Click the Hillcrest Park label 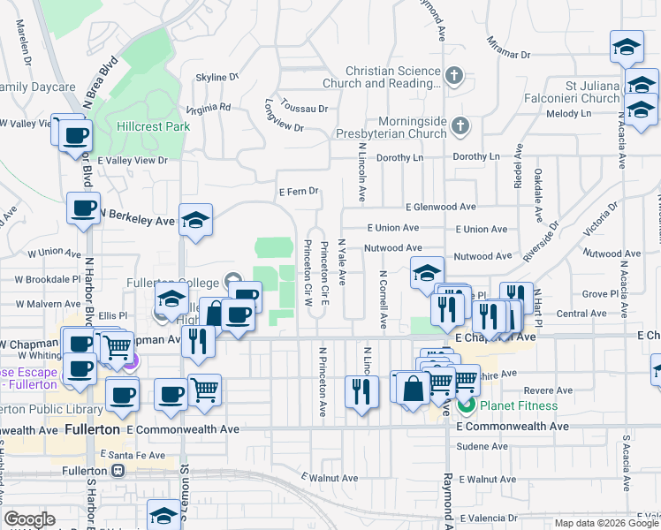point(153,126)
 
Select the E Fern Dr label point(298,191)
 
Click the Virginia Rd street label point(208,109)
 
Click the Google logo point(30,519)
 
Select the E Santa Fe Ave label point(133,455)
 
